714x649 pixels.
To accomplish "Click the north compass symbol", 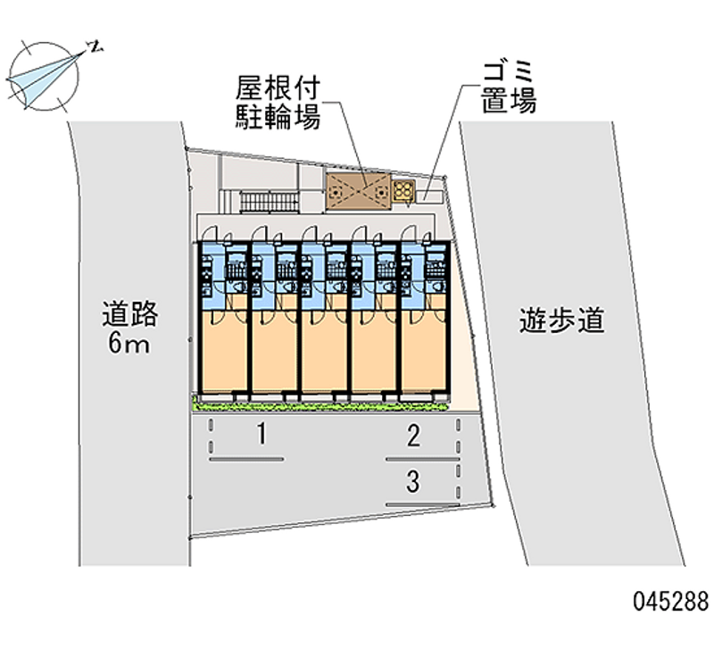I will tap(43, 73).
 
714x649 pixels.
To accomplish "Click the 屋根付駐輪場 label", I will tap(278, 102).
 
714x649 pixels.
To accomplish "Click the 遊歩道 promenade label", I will tap(562, 320).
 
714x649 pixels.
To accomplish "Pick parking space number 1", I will tap(261, 436).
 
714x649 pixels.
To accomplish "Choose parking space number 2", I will tap(412, 437).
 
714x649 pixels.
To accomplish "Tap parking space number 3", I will tap(412, 483).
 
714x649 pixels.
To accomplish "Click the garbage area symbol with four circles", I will tap(403, 190).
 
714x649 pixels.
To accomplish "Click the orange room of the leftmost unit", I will tap(223, 353).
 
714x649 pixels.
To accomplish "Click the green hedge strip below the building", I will tap(321, 404).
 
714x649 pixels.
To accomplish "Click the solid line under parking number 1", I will tap(247, 460).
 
